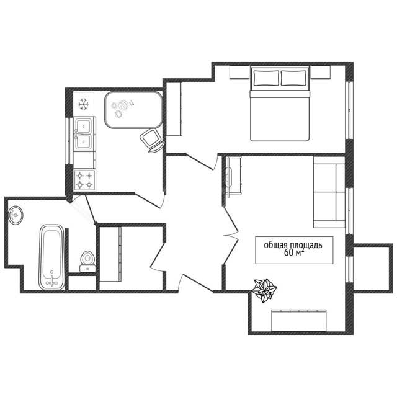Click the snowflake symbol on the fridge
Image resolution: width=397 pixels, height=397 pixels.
coord(83,104)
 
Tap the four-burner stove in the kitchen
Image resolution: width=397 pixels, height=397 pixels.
coord(84,180)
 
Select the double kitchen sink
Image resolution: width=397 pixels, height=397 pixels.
coord(84,134)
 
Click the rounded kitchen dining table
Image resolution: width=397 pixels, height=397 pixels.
coord(133,110)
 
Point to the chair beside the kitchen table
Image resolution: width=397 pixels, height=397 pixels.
coord(151,140)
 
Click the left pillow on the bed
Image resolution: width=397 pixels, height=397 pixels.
coord(266,78)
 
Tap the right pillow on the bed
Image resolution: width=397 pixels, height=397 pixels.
coord(293,78)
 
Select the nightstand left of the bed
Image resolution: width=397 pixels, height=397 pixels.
coord(239,73)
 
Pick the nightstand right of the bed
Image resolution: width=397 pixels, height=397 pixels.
coord(321,73)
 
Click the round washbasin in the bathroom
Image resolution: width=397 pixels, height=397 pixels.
coord(16,215)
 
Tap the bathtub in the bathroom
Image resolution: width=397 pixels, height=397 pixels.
coord(51,257)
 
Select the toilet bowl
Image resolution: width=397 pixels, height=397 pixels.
coord(87,261)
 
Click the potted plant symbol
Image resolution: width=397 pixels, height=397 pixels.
coord(265,290)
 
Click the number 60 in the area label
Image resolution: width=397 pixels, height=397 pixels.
coord(288,252)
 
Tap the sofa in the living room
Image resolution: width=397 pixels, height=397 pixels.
coord(329,192)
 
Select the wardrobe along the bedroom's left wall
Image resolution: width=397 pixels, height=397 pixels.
coord(174,109)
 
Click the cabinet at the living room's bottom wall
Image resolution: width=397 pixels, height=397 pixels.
coord(299,320)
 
